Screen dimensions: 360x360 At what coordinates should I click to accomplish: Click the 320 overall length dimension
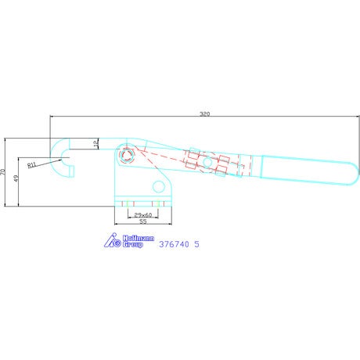(205, 114)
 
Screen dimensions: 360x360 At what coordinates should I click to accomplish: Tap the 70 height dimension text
(2, 172)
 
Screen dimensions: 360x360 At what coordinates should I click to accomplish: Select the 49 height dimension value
(16, 178)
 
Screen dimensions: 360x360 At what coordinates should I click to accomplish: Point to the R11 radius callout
(31, 165)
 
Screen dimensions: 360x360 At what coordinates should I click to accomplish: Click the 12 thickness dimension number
(96, 142)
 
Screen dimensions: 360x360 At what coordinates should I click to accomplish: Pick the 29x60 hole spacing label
(143, 215)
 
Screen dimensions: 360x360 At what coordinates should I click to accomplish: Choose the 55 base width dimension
(143, 221)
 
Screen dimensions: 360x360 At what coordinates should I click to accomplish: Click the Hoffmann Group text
(139, 241)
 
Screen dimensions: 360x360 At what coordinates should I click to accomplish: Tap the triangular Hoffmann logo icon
(113, 240)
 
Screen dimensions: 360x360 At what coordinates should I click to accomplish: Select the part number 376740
(174, 244)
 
